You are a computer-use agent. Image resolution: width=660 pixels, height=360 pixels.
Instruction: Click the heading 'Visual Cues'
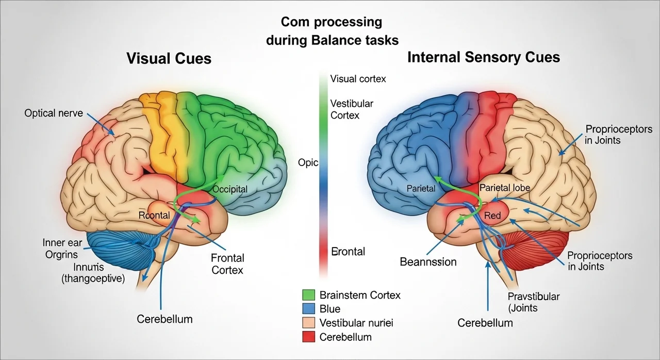(169, 58)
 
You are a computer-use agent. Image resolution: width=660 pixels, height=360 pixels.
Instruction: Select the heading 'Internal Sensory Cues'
(483, 57)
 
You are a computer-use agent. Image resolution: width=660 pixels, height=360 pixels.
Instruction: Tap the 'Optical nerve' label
(54, 112)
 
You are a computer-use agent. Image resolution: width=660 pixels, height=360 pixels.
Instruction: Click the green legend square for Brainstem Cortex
(308, 295)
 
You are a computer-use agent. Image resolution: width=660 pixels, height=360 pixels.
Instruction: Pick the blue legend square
(308, 309)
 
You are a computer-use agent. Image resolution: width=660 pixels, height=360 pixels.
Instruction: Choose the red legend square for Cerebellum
(308, 337)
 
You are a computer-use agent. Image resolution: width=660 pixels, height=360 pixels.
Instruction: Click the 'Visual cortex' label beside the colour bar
(358, 79)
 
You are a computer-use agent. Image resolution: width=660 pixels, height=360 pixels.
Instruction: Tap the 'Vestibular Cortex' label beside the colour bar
(352, 109)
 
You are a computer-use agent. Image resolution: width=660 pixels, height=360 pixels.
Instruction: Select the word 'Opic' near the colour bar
(308, 162)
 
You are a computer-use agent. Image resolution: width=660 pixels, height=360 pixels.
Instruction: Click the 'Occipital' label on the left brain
(230, 189)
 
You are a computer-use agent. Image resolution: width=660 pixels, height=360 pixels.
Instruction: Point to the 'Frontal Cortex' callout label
(227, 264)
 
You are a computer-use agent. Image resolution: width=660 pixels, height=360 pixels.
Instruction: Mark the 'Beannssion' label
(428, 262)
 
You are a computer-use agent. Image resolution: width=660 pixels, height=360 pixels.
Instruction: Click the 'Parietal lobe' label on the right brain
(505, 188)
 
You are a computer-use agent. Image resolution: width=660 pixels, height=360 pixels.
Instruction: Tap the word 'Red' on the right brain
(492, 216)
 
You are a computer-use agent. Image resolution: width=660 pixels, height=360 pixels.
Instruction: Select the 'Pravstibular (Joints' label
(533, 302)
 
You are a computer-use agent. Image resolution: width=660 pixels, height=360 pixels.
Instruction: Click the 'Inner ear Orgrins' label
(61, 248)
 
